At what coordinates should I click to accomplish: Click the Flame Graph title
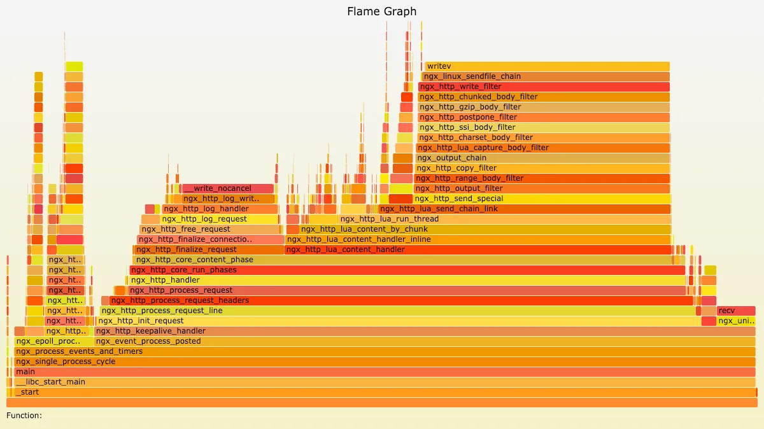click(382, 11)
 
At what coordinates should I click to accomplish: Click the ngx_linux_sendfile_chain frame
click(545, 76)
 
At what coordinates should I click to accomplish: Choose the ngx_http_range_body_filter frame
click(542, 178)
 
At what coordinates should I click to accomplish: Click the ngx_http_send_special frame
click(542, 199)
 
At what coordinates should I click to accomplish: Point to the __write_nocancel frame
click(228, 188)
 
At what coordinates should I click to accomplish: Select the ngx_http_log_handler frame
click(220, 209)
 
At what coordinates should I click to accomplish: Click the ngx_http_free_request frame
click(210, 229)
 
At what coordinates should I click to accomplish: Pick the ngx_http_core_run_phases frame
click(407, 270)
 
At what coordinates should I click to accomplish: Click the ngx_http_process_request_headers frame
click(401, 300)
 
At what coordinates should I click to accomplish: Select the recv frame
click(735, 311)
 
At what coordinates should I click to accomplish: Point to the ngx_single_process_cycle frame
click(382, 362)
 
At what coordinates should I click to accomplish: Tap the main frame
click(382, 372)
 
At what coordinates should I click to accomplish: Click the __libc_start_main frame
click(382, 382)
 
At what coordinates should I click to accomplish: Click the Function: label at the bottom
click(24, 416)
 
